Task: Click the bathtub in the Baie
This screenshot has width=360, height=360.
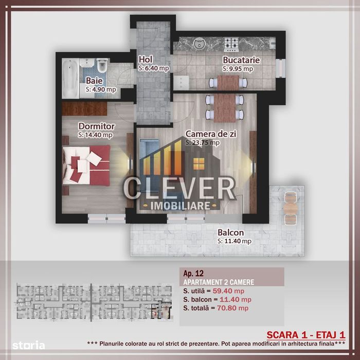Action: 70,79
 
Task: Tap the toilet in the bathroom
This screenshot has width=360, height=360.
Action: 102,65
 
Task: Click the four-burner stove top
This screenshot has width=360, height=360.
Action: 231,45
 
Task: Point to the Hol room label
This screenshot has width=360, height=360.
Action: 146,60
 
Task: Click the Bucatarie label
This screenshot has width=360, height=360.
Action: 241,60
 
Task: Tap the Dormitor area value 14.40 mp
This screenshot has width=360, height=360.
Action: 95,135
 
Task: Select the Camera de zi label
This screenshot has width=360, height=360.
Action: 211,134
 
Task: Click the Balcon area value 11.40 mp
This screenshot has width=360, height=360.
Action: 235,241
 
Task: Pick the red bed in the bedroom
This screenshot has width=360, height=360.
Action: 86,165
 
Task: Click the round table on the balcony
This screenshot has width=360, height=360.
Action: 291,208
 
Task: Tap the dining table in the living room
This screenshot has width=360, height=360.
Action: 225,107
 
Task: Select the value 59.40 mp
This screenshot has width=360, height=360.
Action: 228,291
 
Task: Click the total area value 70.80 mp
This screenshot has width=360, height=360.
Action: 232,308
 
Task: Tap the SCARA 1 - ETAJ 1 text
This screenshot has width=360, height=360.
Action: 306,335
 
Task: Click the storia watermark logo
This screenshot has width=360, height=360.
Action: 29,346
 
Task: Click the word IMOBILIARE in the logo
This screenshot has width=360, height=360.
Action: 180,206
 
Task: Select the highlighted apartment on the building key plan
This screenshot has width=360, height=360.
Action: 161,310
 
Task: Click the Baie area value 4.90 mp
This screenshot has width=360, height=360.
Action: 101,89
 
